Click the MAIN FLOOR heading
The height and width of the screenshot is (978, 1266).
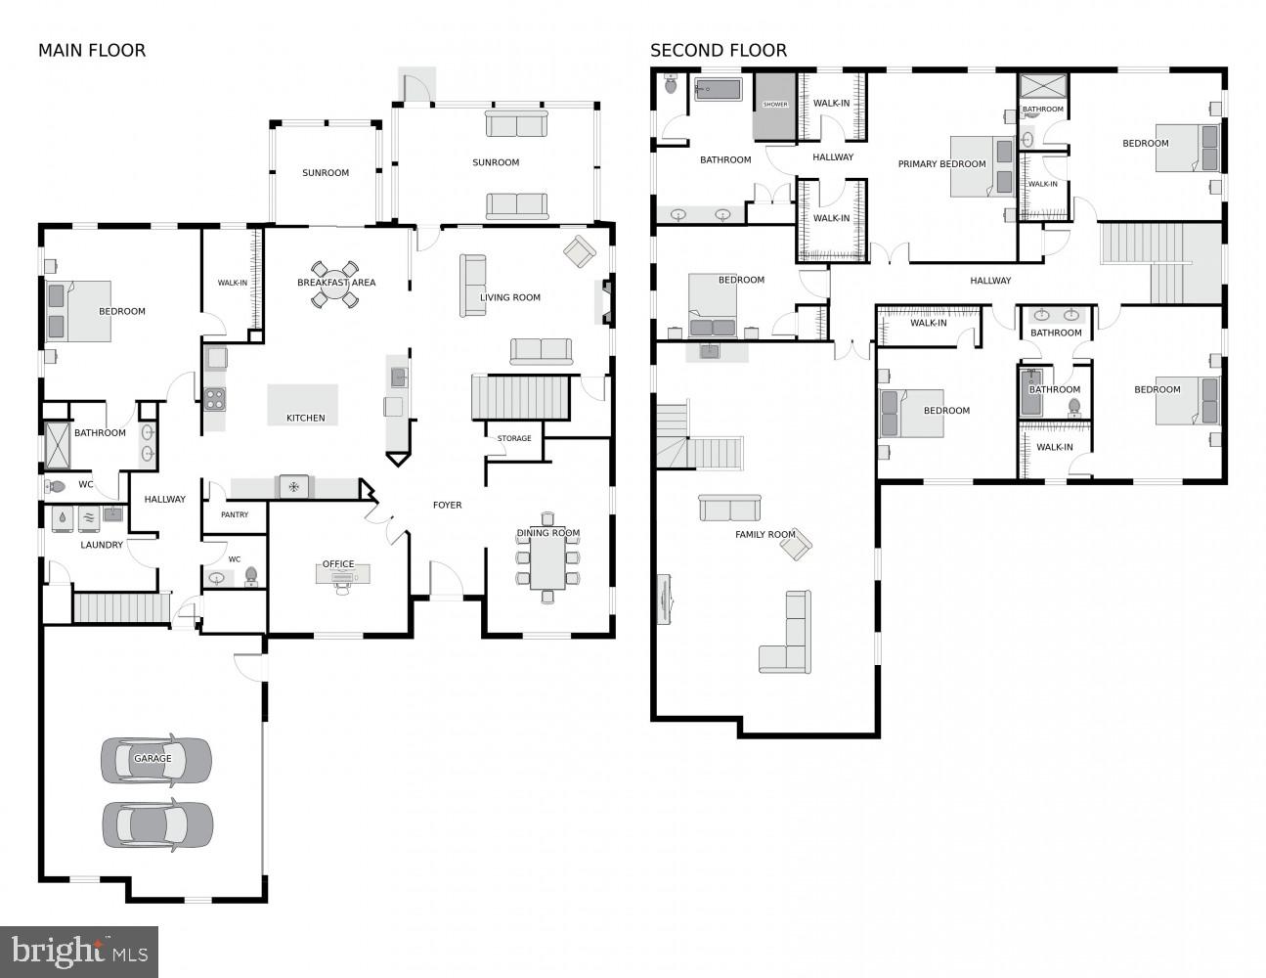[x=92, y=51]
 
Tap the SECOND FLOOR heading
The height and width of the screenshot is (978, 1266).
[x=719, y=51]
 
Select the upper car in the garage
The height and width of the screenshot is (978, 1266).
[x=156, y=760]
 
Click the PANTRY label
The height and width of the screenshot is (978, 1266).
[x=235, y=514]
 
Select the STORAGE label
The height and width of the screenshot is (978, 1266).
[x=514, y=438]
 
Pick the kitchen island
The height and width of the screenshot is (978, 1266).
[x=303, y=404]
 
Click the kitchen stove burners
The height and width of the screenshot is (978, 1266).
[x=214, y=397]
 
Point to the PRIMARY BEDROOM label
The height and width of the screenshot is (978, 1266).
[x=941, y=164]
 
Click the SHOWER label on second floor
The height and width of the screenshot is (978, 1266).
[x=775, y=105]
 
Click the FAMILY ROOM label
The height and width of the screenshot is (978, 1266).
[x=765, y=534]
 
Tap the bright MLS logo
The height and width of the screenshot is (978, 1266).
[x=79, y=951]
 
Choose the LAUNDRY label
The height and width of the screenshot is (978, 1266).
[x=102, y=545]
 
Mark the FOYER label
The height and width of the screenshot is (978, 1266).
[x=448, y=505]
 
